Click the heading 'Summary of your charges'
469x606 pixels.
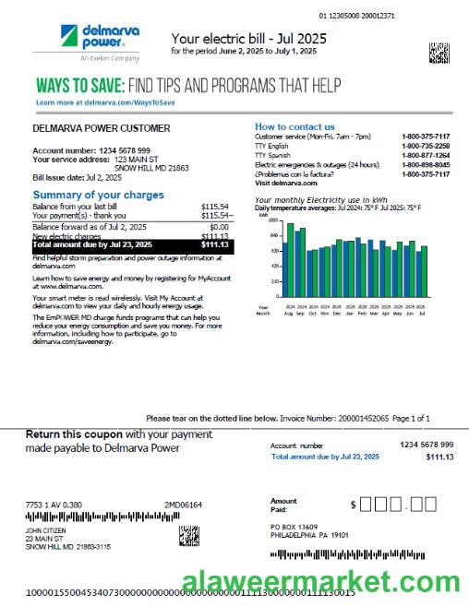coord(98,195)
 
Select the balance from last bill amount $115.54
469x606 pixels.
coord(214,207)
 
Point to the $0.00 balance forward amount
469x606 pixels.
coord(219,226)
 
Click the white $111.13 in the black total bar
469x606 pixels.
coord(215,245)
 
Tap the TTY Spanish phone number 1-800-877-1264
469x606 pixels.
coord(426,156)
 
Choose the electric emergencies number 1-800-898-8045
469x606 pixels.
coord(426,165)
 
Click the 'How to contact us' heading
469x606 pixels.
coord(295,126)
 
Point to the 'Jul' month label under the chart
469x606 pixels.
coord(422,314)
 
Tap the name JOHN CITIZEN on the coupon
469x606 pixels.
coord(46,531)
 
